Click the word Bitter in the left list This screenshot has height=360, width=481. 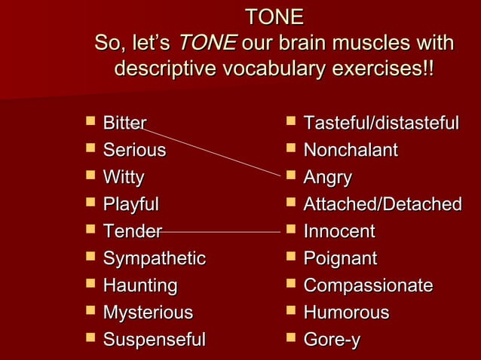tap(124, 124)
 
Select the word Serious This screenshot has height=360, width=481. tap(134, 151)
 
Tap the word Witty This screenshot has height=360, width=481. tap(124, 178)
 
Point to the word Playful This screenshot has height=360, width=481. tap(131, 205)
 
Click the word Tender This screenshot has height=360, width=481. tap(132, 232)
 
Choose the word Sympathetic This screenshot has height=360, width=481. tap(154, 259)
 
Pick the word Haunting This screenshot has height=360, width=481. tap(140, 286)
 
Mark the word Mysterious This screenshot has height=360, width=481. tap(148, 313)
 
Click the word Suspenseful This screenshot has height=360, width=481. tap(154, 340)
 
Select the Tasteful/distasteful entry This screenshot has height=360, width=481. tap(381, 124)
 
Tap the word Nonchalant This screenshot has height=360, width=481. tap(351, 151)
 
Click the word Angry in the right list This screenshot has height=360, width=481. tap(327, 178)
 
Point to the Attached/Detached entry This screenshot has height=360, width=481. tap(382, 205)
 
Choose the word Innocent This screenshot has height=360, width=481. tap(339, 232)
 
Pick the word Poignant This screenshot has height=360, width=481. tap(340, 259)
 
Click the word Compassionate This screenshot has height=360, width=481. tap(368, 286)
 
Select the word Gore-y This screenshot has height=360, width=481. tap(332, 340)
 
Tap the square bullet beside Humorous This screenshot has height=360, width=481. tap(291, 311)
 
